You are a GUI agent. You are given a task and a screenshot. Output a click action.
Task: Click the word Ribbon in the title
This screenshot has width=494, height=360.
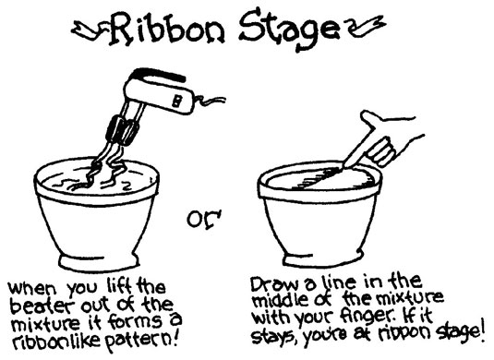[167, 30]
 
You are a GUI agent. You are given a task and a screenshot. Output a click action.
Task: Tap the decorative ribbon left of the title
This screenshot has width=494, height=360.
[90, 30]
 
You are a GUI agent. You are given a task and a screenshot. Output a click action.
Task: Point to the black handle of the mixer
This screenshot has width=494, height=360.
[159, 74]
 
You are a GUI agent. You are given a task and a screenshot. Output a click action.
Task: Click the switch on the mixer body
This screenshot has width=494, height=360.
[176, 102]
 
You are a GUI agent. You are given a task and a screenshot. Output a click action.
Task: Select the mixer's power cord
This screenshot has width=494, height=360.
[211, 101]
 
